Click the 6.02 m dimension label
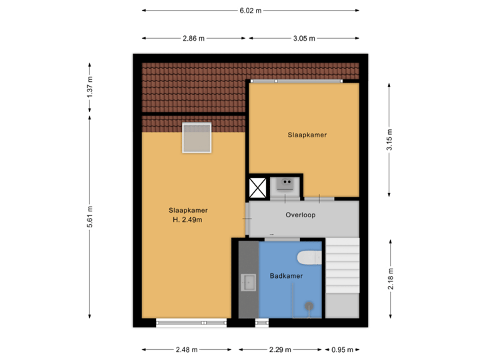tap(251, 11)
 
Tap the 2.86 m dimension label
tap(193, 38)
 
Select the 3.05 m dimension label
tap(303, 38)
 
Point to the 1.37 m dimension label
tap(90, 87)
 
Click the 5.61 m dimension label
tap(90, 216)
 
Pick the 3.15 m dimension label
tap(390, 141)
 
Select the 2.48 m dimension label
tap(186, 349)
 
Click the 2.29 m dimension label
tap(280, 349)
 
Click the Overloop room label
tap(300, 215)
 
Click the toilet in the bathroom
tap(309, 257)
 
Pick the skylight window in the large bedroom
tap(197, 138)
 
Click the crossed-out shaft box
tap(257, 188)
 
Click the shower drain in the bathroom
tap(309, 306)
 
